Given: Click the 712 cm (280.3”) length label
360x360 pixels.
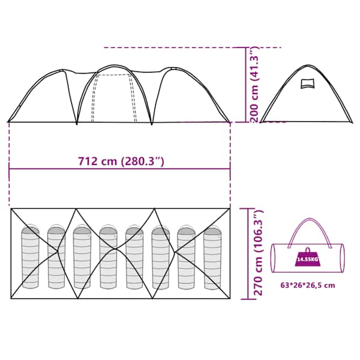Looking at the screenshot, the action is tap(121, 161).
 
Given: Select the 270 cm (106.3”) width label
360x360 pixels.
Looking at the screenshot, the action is tap(258, 253).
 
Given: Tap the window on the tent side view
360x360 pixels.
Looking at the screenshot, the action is tap(307, 83).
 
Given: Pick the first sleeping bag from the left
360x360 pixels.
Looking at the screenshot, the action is tap(31, 256).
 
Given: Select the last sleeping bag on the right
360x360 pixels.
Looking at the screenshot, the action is tap(212, 257).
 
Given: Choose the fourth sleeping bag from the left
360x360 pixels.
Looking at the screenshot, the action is tap(108, 257).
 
